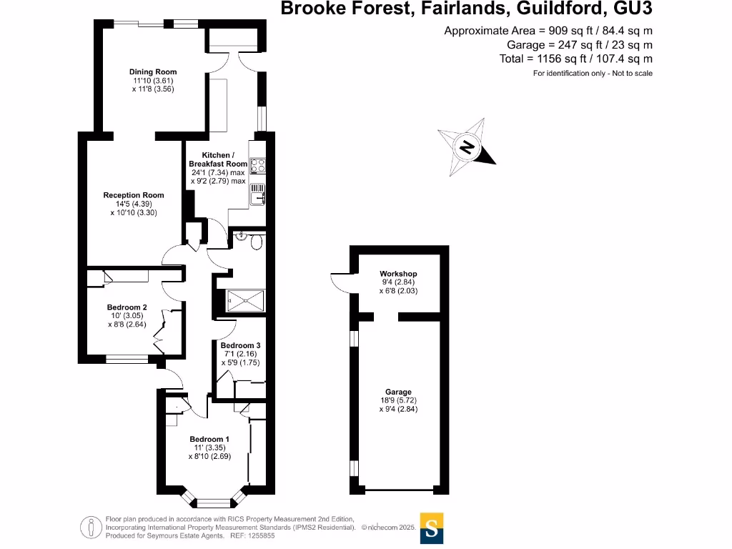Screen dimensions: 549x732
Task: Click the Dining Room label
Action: click(153, 71)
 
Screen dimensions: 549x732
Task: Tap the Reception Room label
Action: click(134, 195)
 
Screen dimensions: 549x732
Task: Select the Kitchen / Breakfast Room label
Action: click(217, 159)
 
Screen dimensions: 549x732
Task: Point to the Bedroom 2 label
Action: click(127, 307)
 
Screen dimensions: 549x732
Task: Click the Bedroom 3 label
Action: click(240, 346)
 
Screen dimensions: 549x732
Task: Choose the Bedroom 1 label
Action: click(209, 439)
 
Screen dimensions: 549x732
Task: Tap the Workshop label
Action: click(398, 274)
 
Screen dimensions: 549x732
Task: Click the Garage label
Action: click(398, 392)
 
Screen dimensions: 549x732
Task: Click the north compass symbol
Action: click(468, 148)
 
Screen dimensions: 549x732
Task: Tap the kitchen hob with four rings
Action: click(258, 165)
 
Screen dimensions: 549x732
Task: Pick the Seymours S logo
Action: click(432, 528)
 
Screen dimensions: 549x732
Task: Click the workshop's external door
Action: click(341, 282)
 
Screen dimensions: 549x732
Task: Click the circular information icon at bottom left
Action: click(91, 528)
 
